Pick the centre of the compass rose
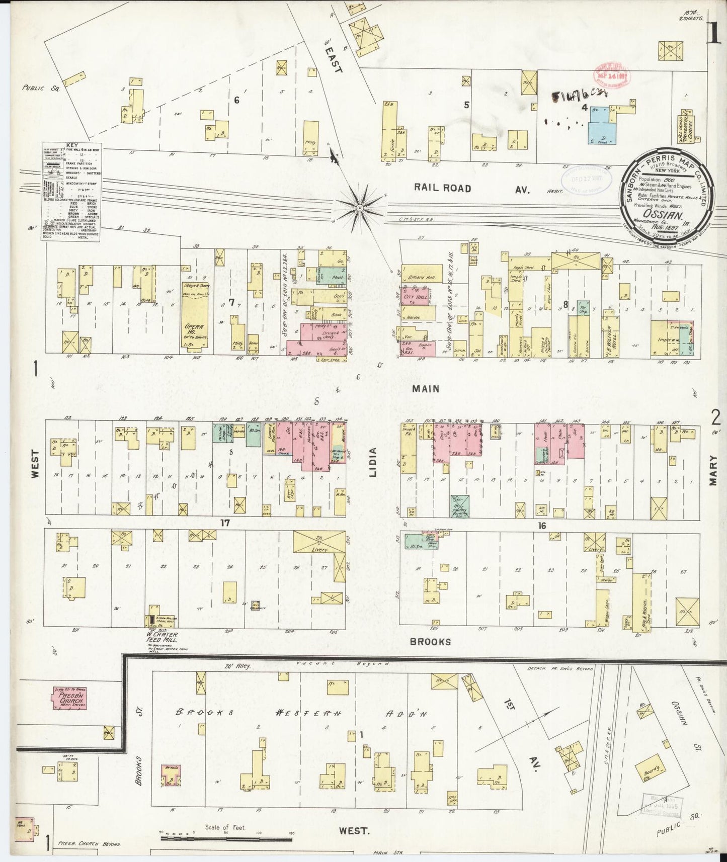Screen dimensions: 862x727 359,207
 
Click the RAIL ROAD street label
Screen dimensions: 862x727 443,188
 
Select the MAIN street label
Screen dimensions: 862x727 426,388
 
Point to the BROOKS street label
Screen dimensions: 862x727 430,642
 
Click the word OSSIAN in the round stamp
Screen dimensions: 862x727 668,216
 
